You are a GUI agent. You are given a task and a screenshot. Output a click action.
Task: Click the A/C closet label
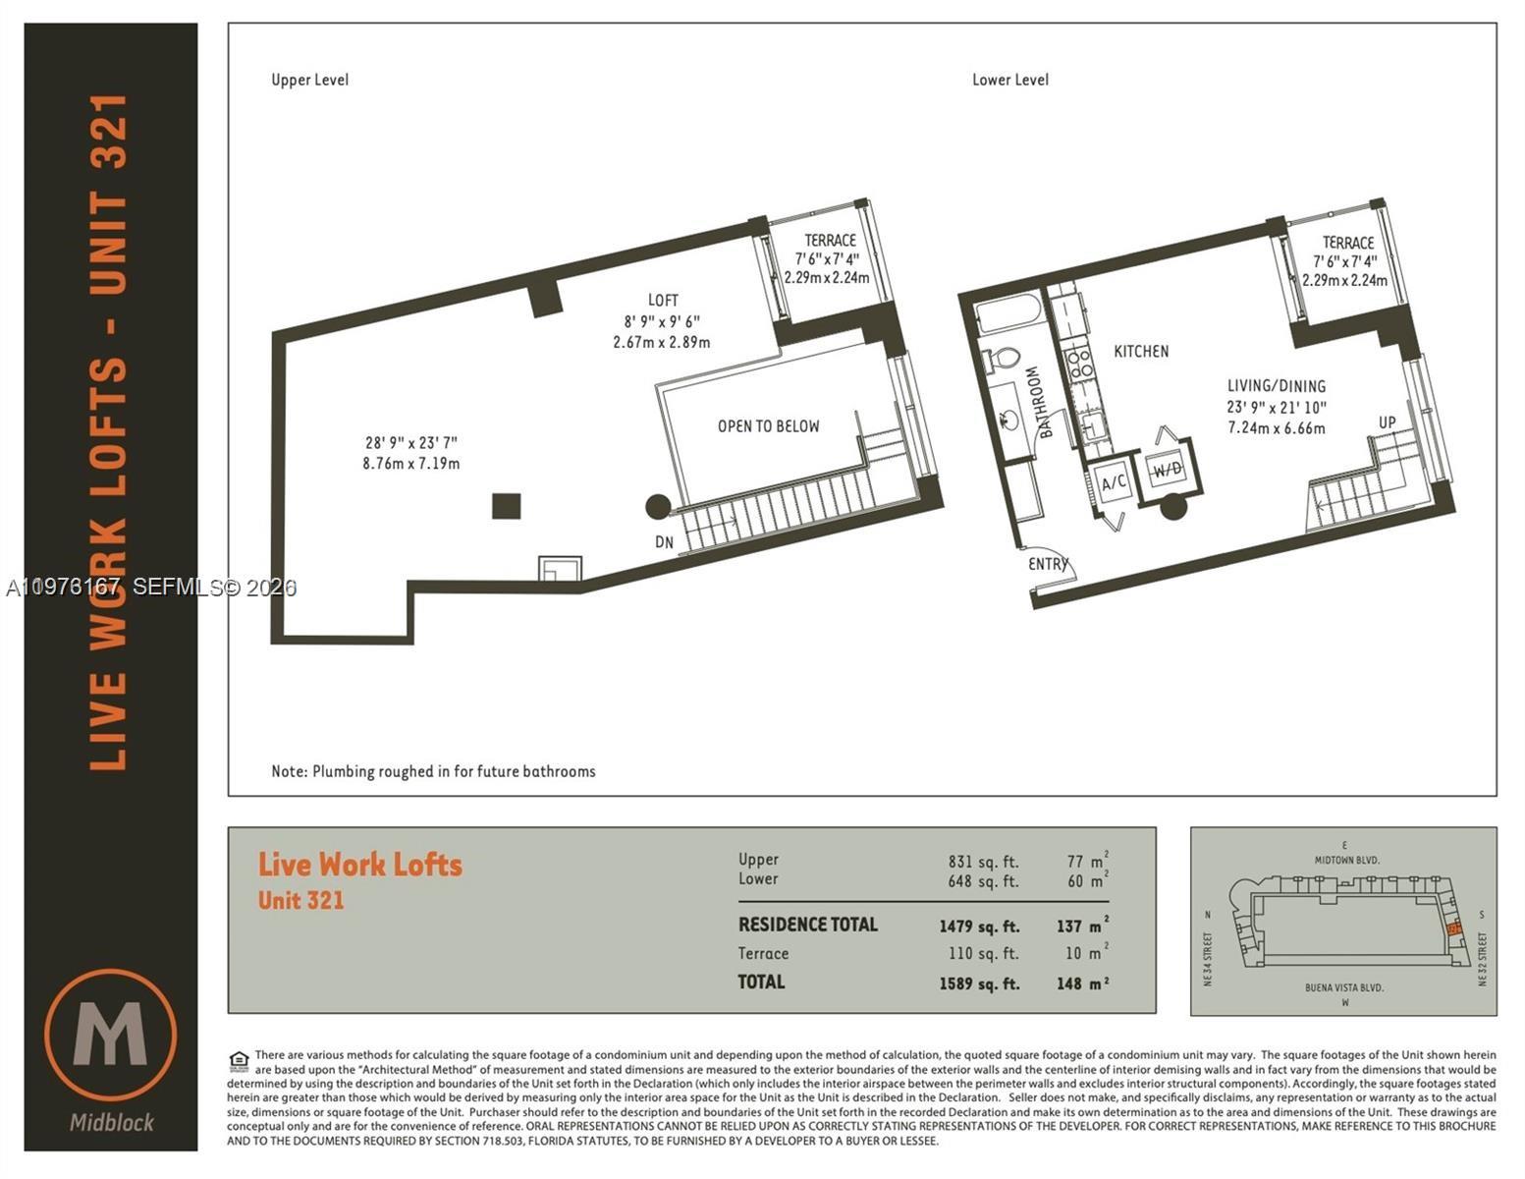(x=1114, y=482)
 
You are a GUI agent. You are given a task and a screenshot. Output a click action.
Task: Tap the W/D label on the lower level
(x=1168, y=470)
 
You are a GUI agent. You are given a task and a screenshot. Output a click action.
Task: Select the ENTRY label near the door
(x=1047, y=564)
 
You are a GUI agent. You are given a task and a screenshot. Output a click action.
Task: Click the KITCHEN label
(x=1140, y=351)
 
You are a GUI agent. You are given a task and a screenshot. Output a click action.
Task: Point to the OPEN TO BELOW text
(x=768, y=426)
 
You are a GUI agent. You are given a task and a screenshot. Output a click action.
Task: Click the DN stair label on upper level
(x=665, y=541)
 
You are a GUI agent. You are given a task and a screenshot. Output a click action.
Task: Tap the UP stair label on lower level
(x=1387, y=422)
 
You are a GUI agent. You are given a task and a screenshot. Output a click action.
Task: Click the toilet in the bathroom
(x=1003, y=359)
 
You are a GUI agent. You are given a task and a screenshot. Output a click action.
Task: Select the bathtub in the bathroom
(x=1008, y=315)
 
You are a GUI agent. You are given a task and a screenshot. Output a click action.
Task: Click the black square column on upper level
(x=506, y=506)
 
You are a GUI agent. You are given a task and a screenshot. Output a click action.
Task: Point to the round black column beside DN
(x=658, y=507)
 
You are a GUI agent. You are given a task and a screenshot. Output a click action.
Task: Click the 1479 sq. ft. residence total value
(x=979, y=926)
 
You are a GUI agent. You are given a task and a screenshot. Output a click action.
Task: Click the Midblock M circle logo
(x=111, y=1035)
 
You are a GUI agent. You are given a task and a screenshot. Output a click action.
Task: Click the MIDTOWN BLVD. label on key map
(x=1346, y=860)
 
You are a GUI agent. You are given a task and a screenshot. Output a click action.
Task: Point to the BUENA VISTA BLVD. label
(x=1344, y=987)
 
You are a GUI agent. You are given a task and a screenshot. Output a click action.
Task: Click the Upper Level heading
(x=309, y=80)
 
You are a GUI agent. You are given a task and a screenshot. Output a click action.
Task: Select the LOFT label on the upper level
(x=663, y=300)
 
